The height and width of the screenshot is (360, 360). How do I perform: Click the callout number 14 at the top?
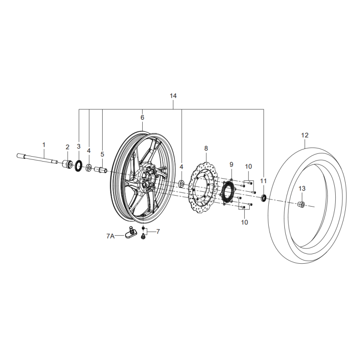click(173, 96)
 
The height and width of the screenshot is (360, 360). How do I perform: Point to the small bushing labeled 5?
click(100, 171)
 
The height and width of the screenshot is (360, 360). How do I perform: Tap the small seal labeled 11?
click(264, 198)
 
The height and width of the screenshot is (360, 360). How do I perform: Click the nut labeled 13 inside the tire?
click(301, 204)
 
